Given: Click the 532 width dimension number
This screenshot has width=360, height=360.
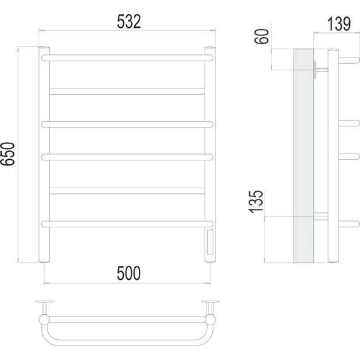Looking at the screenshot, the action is click(129, 21).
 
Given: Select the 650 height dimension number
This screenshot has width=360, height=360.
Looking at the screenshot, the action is click(8, 154).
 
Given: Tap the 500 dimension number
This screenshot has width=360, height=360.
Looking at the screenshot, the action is click(129, 273).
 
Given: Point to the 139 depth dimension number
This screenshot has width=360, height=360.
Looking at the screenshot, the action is click(339, 24).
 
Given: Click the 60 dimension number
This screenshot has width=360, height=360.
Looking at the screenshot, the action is click(261, 36).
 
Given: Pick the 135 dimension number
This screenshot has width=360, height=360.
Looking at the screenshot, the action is click(256, 202).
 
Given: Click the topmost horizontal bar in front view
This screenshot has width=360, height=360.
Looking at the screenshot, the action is click(127, 58).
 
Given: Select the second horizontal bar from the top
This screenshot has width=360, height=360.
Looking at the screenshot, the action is click(127, 91).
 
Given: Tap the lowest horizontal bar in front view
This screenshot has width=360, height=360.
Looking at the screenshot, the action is click(127, 224).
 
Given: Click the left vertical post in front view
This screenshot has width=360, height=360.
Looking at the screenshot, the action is click(44, 154).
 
